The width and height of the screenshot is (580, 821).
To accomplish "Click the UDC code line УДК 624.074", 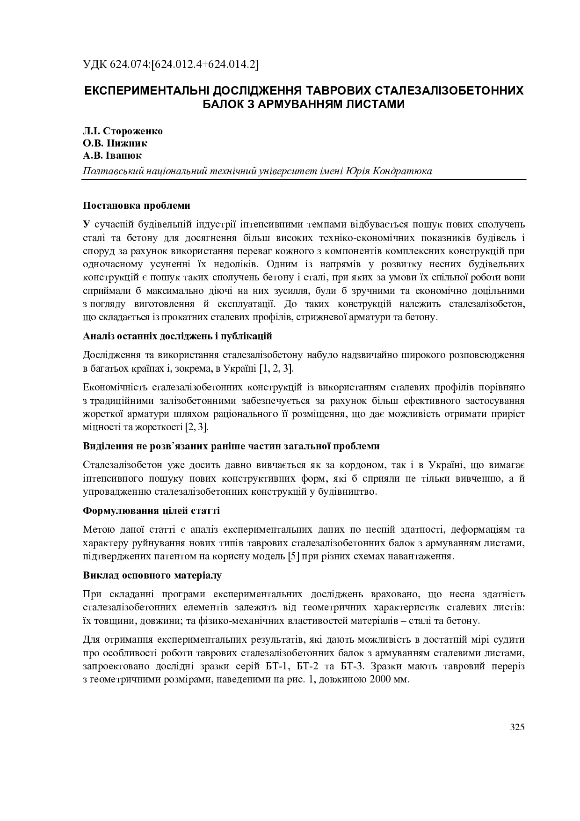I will pos(171,65).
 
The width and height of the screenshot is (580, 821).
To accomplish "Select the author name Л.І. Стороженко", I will pos(123,131).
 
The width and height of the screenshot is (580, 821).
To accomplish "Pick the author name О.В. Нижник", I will pos(115,143).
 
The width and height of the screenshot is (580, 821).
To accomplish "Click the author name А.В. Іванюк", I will pos(112,155).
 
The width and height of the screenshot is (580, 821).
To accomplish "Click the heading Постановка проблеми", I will pos(137,205).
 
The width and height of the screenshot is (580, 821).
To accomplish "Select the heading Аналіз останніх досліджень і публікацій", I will pos(177,336).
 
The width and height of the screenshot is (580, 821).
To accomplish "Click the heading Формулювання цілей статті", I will pos(151,511).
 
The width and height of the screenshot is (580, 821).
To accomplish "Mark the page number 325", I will pos(517,727).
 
